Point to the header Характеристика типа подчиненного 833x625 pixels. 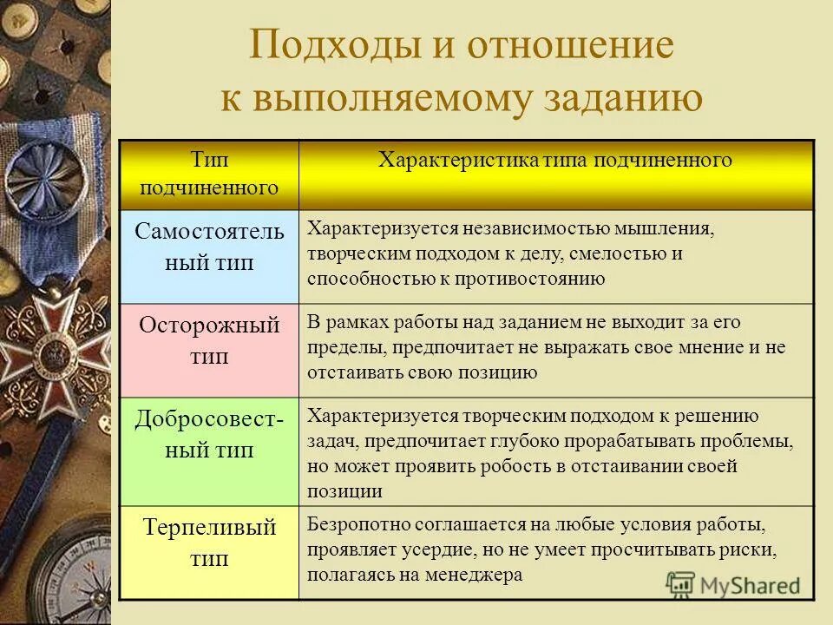pos(555,161)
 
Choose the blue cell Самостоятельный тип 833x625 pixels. pos(209,247)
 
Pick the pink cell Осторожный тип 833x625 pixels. pos(209,341)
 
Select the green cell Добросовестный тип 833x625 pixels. pos(209,435)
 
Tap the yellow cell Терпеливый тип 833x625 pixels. pos(209,543)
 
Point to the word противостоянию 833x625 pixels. pos(537,279)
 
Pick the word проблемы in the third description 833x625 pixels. pos(751,441)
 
